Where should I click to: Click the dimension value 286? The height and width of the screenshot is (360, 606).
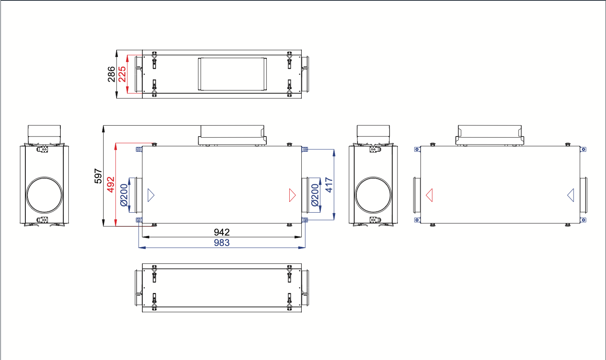pyautogui.click(x=111, y=74)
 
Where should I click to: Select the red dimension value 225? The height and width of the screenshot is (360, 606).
pyautogui.click(x=122, y=74)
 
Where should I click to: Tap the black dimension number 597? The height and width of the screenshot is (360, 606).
pyautogui.click(x=98, y=176)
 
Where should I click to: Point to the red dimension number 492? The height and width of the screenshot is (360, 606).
pyautogui.click(x=111, y=184)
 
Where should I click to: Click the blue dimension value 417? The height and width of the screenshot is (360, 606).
pyautogui.click(x=329, y=185)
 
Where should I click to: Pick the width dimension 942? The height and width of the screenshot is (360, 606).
pyautogui.click(x=221, y=232)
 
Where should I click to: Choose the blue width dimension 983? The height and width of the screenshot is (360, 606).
pyautogui.click(x=221, y=243)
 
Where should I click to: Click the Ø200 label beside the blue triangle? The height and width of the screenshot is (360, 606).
pyautogui.click(x=124, y=195)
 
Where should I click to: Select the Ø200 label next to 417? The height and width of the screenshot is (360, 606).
pyautogui.click(x=315, y=195)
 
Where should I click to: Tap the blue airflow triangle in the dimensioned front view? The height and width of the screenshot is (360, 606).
pyautogui.click(x=151, y=195)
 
